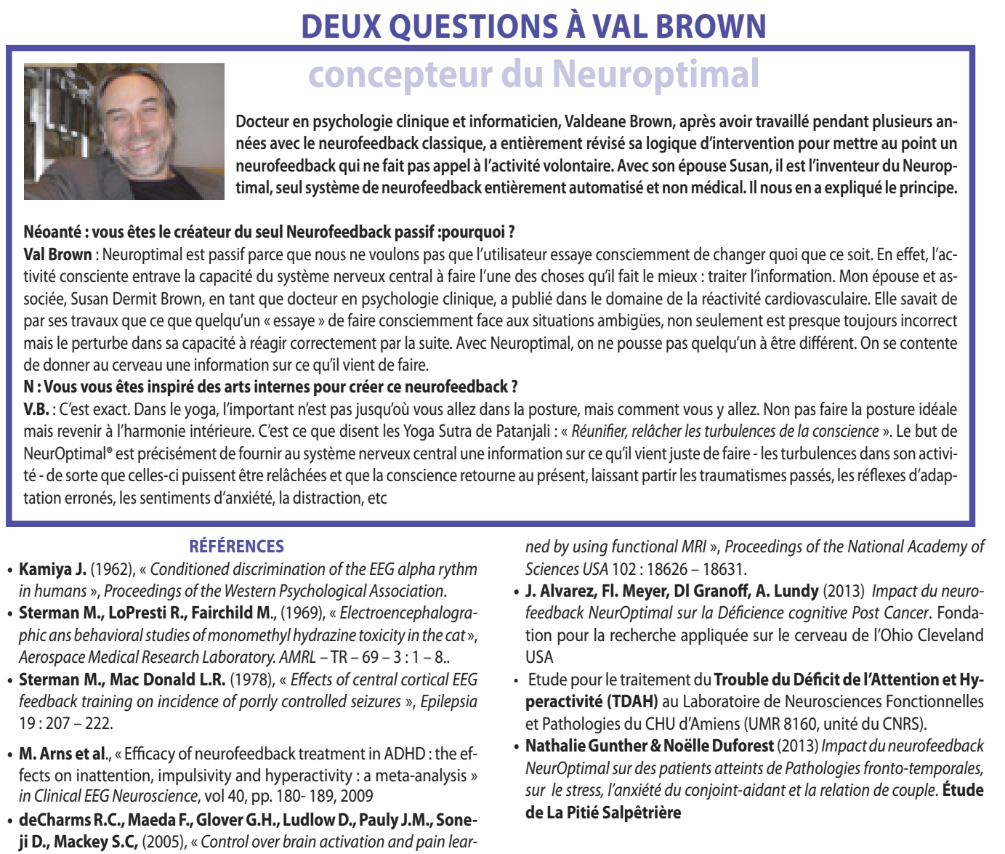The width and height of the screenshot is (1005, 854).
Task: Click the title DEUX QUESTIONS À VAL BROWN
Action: point(533,26)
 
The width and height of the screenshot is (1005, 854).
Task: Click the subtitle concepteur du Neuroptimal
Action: point(533,75)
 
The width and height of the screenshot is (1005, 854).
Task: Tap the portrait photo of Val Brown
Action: point(124,132)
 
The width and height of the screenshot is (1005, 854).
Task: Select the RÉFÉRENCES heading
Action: point(236,547)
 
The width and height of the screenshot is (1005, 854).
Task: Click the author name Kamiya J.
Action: point(52,569)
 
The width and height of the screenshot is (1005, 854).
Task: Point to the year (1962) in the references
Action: point(113,569)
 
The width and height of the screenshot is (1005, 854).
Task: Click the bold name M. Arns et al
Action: point(63,754)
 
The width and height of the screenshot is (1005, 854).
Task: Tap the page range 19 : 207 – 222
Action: point(65,724)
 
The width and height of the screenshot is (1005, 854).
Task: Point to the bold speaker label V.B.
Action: point(36,409)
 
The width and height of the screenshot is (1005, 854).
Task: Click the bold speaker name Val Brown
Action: point(57,254)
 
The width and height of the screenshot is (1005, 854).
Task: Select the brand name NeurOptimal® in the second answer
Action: point(68,454)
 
